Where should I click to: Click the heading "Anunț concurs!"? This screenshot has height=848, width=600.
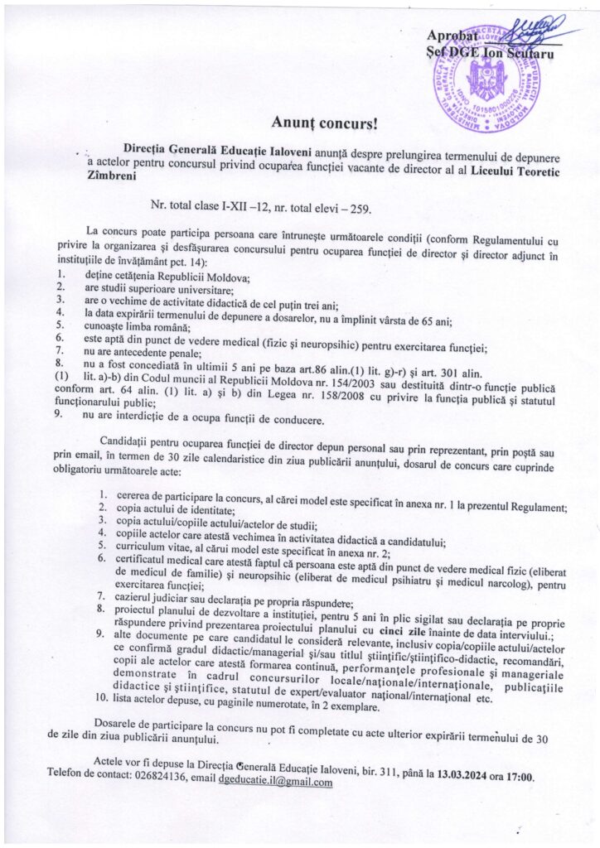click(324, 124)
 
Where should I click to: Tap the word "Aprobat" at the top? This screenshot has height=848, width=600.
click(452, 37)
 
